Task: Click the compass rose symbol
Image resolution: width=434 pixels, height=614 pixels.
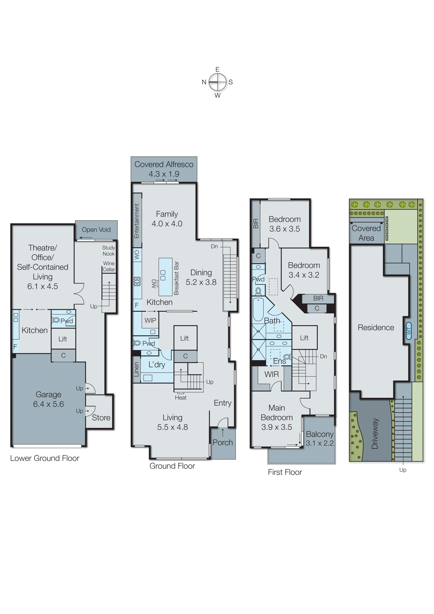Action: pos(217,82)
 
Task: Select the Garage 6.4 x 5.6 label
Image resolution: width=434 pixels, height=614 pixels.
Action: pos(48,399)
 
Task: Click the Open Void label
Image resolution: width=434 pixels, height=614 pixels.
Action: pos(96,230)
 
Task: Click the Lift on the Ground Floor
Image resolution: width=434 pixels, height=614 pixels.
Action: pos(184,338)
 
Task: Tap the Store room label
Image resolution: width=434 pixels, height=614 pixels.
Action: pos(101,418)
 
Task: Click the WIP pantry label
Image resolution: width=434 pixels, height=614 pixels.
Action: pos(150,320)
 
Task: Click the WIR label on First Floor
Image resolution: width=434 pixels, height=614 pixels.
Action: pos(271,374)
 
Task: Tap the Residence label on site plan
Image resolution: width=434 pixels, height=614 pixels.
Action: pos(376,328)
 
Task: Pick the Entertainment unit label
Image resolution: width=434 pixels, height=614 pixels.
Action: pos(137,221)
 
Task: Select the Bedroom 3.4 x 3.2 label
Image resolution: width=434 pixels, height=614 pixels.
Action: pos(304,270)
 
